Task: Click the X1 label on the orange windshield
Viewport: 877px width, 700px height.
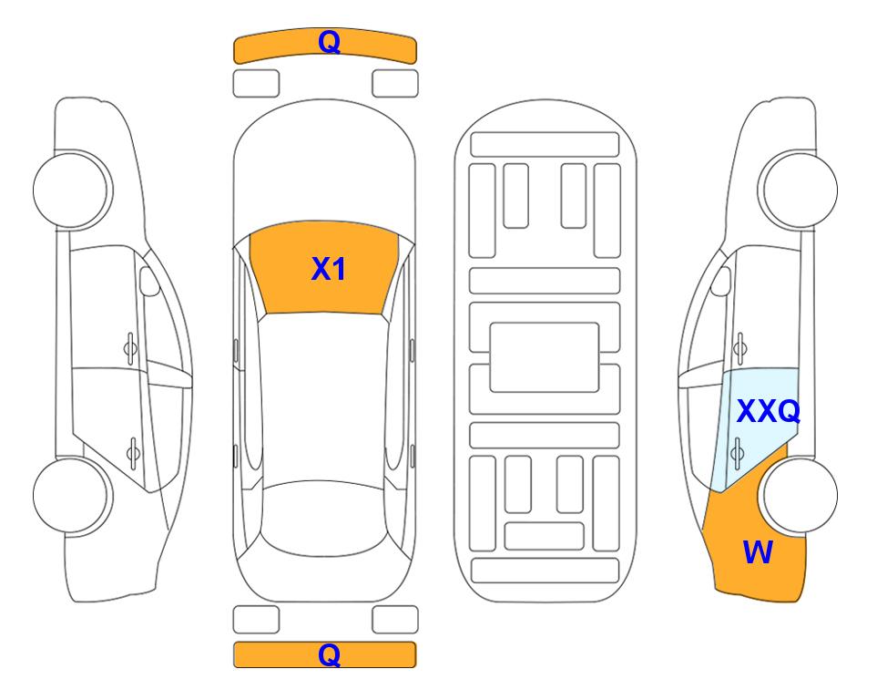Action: point(329,269)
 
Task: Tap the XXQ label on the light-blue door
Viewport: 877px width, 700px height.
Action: point(769,412)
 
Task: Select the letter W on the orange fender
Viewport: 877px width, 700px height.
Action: point(758,552)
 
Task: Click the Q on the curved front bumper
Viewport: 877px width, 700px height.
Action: point(329,42)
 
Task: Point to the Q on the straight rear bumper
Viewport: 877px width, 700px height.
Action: point(329,654)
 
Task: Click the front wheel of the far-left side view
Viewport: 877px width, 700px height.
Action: point(72,190)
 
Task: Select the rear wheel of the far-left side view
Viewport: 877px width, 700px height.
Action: point(72,495)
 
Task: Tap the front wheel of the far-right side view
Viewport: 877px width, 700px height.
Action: point(798,190)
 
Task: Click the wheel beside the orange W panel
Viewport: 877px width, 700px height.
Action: point(800,495)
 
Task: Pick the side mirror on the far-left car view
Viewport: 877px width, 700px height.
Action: point(148,281)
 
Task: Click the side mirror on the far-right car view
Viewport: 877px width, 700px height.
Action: point(721,281)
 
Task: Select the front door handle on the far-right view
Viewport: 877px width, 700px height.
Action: point(740,348)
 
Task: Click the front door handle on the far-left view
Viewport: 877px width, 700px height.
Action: point(130,348)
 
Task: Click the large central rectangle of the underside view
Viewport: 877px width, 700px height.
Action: point(545,357)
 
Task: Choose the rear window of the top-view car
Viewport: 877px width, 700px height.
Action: point(325,518)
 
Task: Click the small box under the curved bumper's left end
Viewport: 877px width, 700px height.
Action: point(256,84)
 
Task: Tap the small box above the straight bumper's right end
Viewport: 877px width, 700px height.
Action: point(395,620)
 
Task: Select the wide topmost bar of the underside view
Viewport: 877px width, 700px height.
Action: point(545,145)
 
